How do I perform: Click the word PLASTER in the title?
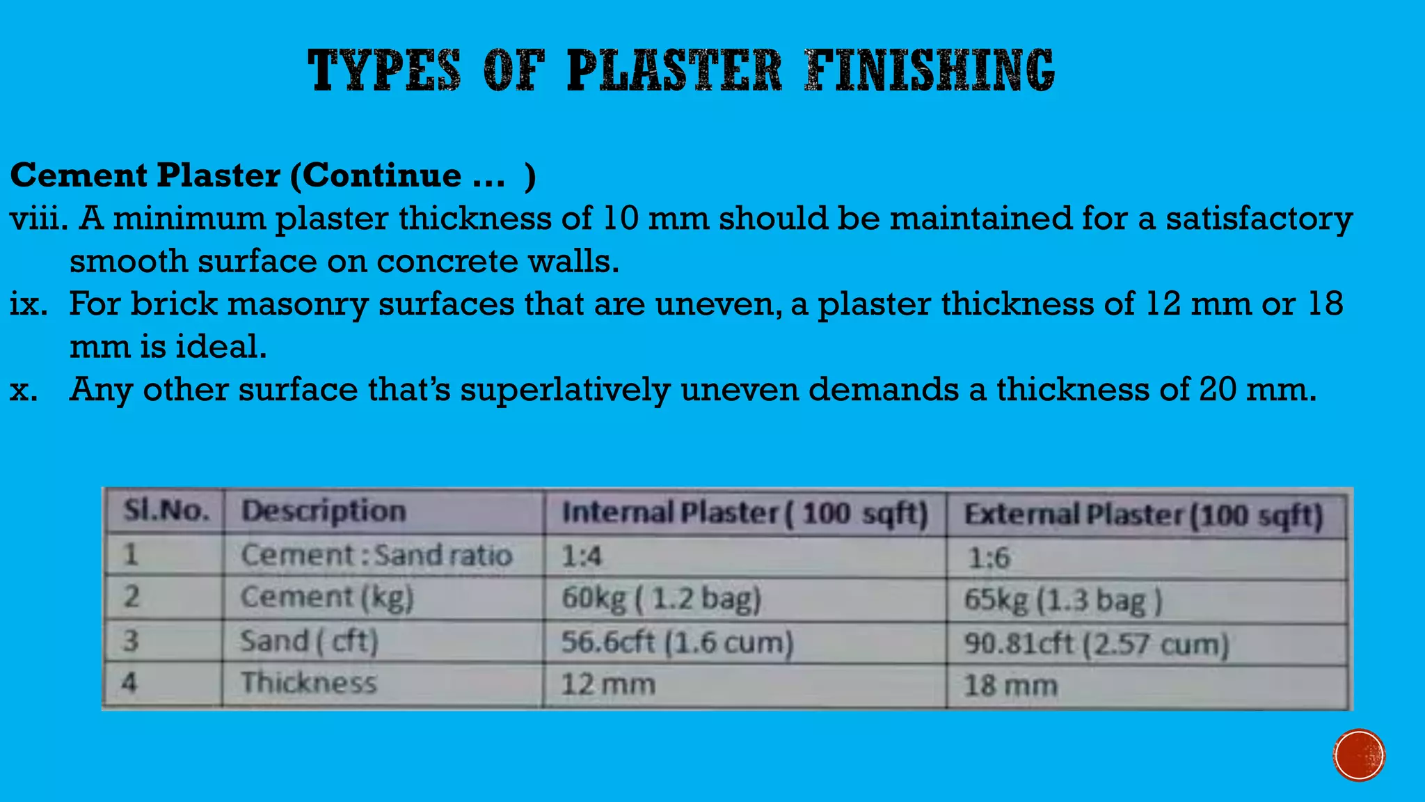(x=674, y=70)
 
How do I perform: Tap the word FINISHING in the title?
(x=930, y=70)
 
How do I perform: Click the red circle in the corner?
(x=1359, y=755)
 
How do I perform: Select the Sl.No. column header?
(x=166, y=511)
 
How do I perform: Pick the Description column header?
(x=324, y=511)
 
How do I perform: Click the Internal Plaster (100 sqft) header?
(x=745, y=514)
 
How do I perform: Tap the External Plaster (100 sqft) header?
(x=1143, y=516)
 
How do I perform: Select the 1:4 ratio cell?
(x=582, y=556)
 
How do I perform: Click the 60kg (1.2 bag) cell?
(x=661, y=599)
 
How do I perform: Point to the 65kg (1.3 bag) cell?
(x=1062, y=601)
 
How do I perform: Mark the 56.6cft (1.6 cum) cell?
(x=677, y=642)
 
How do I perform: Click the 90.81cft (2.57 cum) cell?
(x=1096, y=644)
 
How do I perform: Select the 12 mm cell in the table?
(x=608, y=684)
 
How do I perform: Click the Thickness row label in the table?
(x=309, y=682)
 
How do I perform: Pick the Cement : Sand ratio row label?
(x=376, y=556)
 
